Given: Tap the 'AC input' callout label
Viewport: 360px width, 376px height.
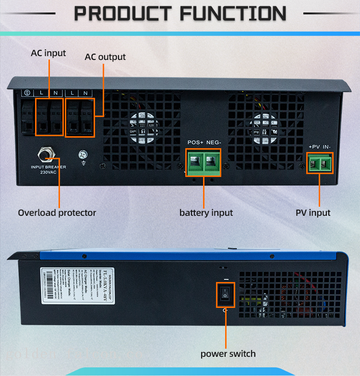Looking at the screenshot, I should tap(48, 53).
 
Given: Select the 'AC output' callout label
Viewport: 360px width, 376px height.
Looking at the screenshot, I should tap(105, 57).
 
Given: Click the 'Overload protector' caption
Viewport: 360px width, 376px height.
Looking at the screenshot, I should tap(57, 212).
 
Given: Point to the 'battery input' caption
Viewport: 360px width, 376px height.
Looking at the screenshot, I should tap(206, 212).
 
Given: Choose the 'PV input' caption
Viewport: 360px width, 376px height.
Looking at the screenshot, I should tap(313, 212).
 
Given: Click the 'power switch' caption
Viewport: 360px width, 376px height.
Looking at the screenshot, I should tap(228, 354).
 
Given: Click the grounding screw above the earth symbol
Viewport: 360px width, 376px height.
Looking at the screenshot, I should tap(83, 154).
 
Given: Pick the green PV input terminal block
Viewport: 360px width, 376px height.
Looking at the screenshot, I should tap(320, 164).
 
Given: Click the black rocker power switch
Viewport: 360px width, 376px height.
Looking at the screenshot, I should tap(225, 294).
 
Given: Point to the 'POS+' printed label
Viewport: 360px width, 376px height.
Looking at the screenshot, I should tap(195, 142).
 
